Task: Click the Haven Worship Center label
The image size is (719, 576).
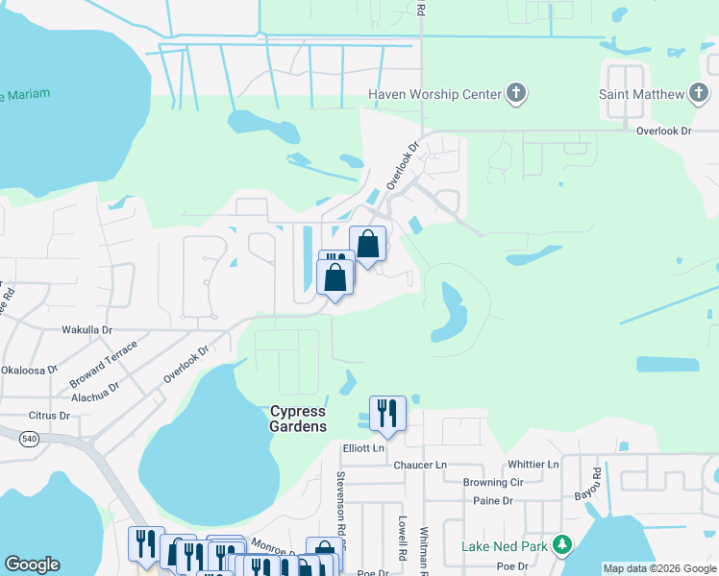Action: click(x=434, y=94)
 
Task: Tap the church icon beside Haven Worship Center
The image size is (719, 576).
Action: click(x=516, y=94)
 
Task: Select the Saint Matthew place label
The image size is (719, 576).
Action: click(x=641, y=94)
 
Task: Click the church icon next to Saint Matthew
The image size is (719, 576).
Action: click(x=700, y=94)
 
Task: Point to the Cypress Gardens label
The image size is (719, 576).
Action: click(x=297, y=419)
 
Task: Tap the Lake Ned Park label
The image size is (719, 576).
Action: click(x=504, y=546)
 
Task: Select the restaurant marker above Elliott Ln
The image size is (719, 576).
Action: click(x=387, y=414)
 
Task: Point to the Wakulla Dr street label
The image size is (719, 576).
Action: click(x=87, y=328)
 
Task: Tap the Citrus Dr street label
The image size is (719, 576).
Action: click(x=51, y=416)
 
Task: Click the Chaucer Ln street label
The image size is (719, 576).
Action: click(x=420, y=465)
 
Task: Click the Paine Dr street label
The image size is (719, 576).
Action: click(x=493, y=501)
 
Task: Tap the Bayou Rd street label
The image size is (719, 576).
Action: click(x=596, y=481)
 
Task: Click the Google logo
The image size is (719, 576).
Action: click(x=32, y=564)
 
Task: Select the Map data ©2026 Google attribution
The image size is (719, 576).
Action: click(x=658, y=568)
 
